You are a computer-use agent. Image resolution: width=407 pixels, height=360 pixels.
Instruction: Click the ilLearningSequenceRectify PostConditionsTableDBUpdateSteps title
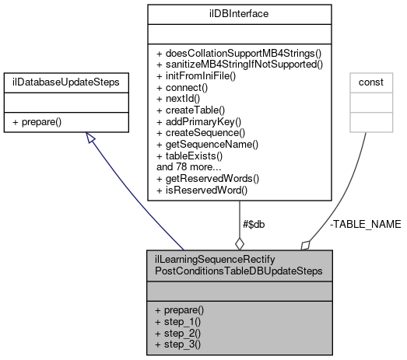239,264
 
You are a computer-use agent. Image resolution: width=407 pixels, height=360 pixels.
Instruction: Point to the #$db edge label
254,224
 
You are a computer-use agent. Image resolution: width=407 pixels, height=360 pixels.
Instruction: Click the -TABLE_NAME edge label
365,224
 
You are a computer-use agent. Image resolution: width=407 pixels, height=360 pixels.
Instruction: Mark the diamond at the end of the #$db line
239,241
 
